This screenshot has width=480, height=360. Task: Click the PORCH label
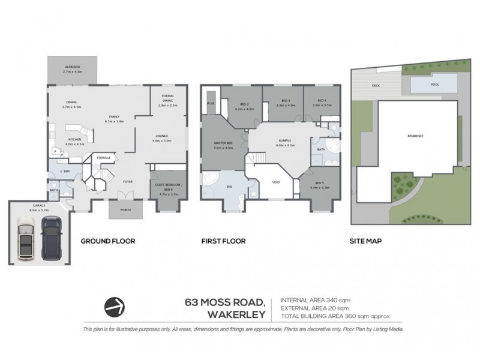point(127,209)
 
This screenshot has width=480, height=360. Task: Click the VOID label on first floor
point(276,182)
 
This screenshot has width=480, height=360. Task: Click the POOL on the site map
point(435,85)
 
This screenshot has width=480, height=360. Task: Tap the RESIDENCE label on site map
point(416,136)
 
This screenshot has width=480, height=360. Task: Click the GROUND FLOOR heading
point(108,241)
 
